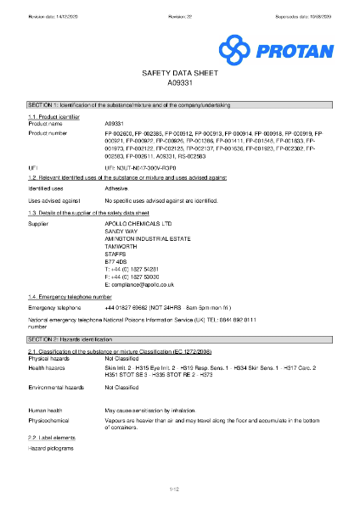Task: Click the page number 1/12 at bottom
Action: point(179,489)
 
